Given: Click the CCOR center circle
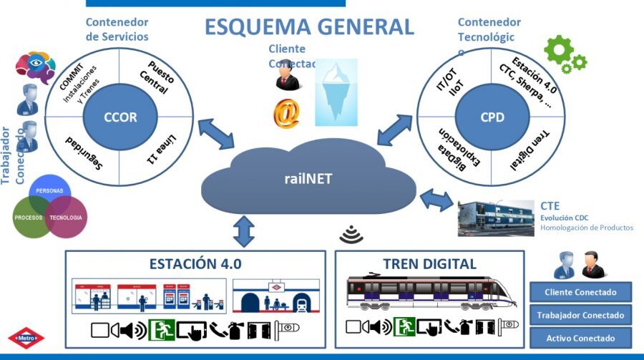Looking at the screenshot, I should tap(119, 116).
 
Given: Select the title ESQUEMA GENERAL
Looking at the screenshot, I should tap(309, 26).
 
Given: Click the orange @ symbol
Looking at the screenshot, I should tap(285, 113).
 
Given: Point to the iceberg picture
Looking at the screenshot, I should tap(338, 92).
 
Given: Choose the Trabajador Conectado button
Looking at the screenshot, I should tap(581, 315).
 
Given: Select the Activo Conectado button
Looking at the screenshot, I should tap(581, 338).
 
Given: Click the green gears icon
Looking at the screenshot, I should tap(565, 54).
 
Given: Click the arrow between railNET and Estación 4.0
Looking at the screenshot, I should tap(244, 231).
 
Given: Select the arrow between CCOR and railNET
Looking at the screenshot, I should tap(215, 134).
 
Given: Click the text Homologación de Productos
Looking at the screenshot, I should tap(587, 228).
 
